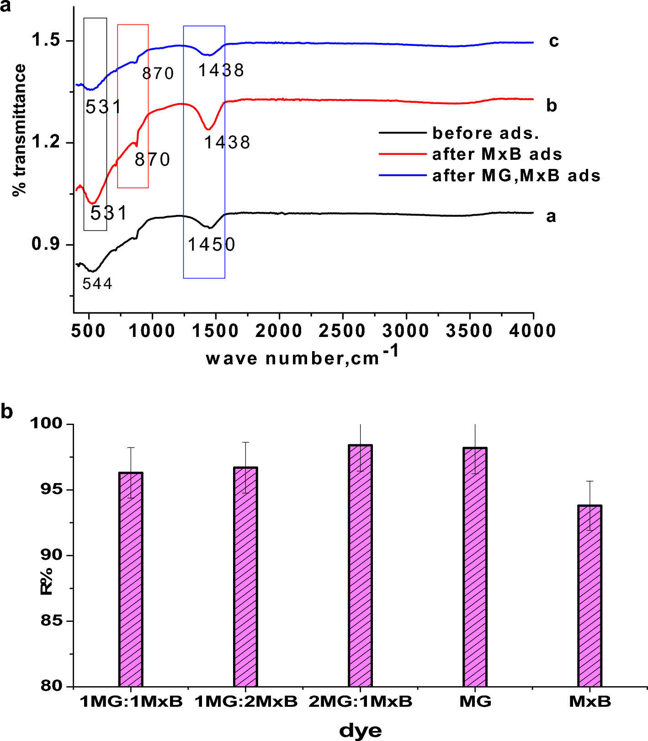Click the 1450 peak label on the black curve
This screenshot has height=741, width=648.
[212, 245]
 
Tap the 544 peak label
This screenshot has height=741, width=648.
[97, 284]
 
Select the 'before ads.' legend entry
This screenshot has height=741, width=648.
[485, 133]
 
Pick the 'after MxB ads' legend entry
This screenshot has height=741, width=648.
[497, 154]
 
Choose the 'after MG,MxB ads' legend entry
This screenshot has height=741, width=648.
[516, 176]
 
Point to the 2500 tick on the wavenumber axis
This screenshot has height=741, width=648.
[342, 331]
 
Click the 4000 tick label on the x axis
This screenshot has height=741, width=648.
[533, 331]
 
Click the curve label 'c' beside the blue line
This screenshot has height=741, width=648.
[553, 41]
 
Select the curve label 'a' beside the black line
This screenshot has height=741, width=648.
[551, 216]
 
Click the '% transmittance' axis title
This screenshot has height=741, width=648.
[20, 131]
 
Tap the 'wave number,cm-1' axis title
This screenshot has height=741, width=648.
[302, 357]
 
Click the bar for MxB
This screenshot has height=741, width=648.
[590, 596]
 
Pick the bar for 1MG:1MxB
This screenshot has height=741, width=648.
[131, 579]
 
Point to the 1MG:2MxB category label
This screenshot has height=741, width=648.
[246, 701]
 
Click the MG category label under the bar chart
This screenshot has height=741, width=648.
[475, 701]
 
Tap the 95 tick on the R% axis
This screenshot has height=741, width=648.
[51, 489]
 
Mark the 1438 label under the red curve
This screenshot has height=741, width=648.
[227, 143]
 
